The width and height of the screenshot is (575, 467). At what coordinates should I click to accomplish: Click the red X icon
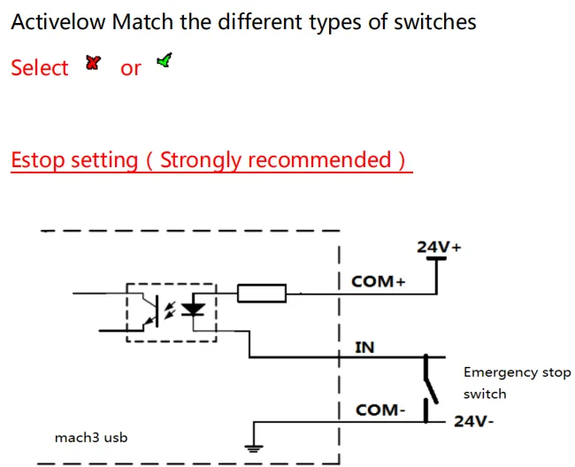[93, 63]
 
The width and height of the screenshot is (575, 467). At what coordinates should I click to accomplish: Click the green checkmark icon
[164, 60]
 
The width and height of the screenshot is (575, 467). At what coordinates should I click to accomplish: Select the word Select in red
[40, 68]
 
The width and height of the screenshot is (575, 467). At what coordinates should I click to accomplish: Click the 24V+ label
[439, 248]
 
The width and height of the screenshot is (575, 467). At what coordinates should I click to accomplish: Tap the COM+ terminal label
[378, 281]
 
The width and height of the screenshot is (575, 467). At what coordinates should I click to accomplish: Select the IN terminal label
[364, 347]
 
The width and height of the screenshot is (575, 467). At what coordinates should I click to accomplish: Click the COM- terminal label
[380, 410]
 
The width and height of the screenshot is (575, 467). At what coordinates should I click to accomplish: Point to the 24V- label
[473, 421]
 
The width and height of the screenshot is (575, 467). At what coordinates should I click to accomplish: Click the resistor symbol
[261, 293]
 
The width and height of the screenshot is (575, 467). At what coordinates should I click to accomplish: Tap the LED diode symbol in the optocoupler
[193, 310]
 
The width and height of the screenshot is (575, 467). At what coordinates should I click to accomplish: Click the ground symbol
[255, 447]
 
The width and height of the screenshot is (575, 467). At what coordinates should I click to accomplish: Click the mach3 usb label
[91, 436]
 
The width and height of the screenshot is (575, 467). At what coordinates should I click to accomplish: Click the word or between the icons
[130, 68]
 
